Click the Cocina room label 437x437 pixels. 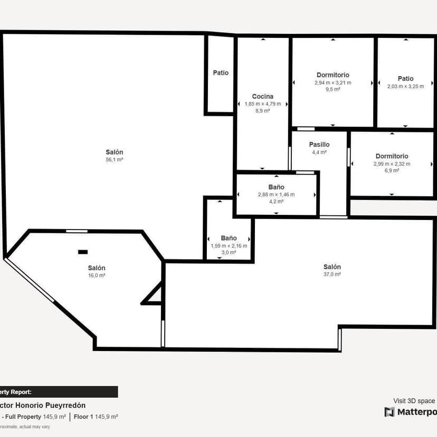pos(262,96)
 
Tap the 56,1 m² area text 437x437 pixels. pos(115,159)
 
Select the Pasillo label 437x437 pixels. pos(319,145)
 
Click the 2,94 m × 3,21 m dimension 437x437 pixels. pos(332,83)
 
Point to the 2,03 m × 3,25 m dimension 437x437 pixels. pos(405,87)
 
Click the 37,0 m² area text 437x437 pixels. pos(332,274)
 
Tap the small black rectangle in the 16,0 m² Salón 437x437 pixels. pos(83,252)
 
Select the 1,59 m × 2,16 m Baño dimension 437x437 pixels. pos(229,246)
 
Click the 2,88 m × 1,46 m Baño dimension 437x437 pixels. pos(276,195)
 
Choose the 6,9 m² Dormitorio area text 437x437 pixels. pos(392,171)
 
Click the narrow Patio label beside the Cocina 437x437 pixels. pos(221,73)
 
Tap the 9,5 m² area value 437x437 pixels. pos(332,90)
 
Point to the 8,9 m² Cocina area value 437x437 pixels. pos(262,111)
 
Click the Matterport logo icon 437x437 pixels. pos(389,412)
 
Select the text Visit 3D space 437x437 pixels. pos(414,401)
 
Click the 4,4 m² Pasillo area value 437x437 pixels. pos(319,153)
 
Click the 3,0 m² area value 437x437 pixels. pos(229,253)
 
